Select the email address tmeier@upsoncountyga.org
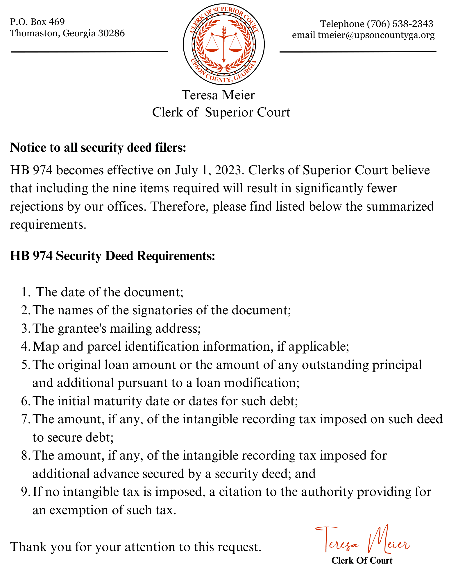point(376,35)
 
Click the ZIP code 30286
point(112,33)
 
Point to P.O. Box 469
point(37,21)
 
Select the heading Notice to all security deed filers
point(98,148)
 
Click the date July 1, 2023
point(208,170)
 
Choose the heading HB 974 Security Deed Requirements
point(112,256)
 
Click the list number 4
point(24,347)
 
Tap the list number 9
point(24,492)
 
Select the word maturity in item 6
point(117,401)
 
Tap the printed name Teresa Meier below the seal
point(218,95)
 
